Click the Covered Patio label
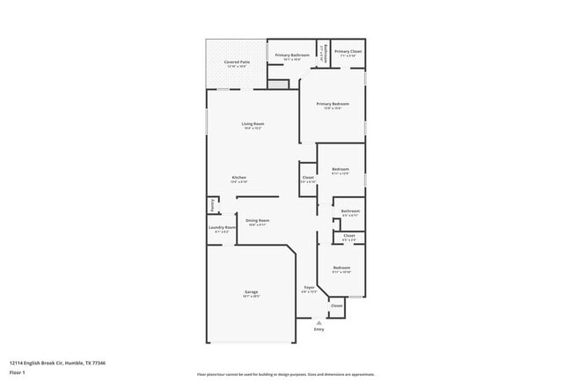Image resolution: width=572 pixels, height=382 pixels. [x=235, y=62]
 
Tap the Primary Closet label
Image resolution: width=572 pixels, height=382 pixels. [x=348, y=52]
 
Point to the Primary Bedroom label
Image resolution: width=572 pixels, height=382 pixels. [x=333, y=104]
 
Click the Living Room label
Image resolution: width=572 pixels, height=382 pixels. [x=253, y=124]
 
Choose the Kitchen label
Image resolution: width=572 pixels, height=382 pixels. [x=238, y=177]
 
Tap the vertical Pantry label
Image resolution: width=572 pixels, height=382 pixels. [x=211, y=204]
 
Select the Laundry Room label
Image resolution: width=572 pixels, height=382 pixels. [x=222, y=228]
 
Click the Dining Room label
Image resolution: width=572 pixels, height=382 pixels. [x=257, y=220]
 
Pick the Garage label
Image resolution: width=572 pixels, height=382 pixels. [x=251, y=292]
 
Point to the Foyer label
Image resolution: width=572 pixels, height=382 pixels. [x=309, y=288]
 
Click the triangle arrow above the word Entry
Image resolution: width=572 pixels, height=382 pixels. [x=319, y=323]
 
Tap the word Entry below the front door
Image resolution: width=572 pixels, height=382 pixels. [x=319, y=329]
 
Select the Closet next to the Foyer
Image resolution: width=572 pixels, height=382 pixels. [x=336, y=306]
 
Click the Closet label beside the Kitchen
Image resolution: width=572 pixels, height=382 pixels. [x=308, y=178]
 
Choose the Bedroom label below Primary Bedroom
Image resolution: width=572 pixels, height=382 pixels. [x=341, y=169]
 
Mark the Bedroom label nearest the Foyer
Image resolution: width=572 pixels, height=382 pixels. [x=341, y=268]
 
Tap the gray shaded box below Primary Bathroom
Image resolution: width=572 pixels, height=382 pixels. [x=278, y=84]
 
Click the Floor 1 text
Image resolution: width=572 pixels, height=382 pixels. [x=18, y=371]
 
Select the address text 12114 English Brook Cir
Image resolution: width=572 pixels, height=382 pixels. [x=44, y=361]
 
